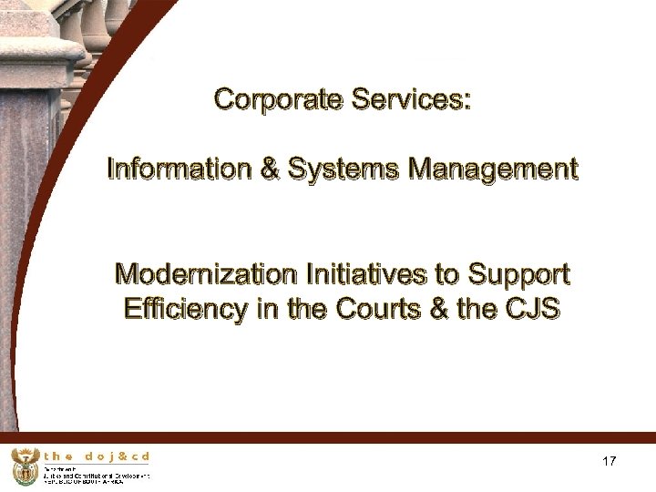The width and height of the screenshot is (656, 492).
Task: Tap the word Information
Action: tap(172, 169)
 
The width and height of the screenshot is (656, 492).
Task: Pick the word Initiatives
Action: tap(359, 273)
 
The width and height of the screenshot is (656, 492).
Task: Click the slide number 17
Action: tap(610, 462)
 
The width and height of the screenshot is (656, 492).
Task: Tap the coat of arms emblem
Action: tap(24, 466)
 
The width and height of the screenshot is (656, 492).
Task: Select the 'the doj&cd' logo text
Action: tap(97, 455)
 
